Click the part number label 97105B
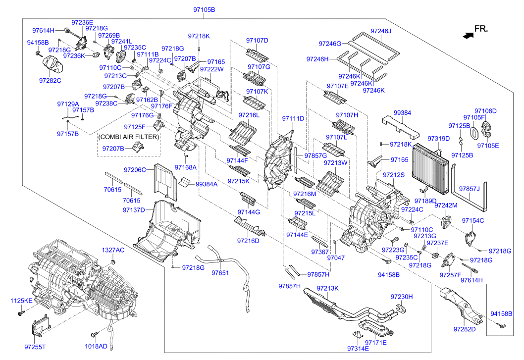pyautogui.click(x=204, y=10)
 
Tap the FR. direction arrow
pyautogui.click(x=468, y=35)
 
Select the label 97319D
pyautogui.click(x=439, y=138)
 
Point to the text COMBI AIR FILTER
pyautogui.click(x=129, y=137)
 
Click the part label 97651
pyautogui.click(x=220, y=273)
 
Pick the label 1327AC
pyautogui.click(x=113, y=250)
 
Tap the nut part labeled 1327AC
pyautogui.click(x=113, y=261)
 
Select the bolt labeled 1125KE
pyautogui.click(x=22, y=313)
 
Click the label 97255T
pyautogui.click(x=35, y=347)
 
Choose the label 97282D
pyautogui.click(x=465, y=329)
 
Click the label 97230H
pyautogui.click(x=402, y=297)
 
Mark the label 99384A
pyautogui.click(x=207, y=184)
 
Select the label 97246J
pyautogui.click(x=381, y=31)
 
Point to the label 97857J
pyautogui.click(x=469, y=189)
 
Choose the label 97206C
pyautogui.click(x=135, y=170)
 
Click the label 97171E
pyautogui.click(x=375, y=342)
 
